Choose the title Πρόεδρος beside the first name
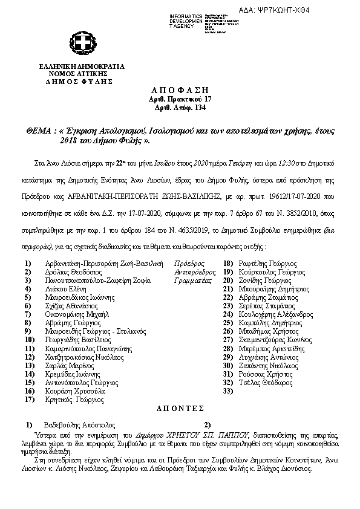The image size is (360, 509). [189, 264]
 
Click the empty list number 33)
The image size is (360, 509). [228, 391]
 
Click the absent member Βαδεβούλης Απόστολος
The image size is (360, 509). [80, 425]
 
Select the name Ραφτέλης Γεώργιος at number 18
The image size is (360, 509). [267, 264]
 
